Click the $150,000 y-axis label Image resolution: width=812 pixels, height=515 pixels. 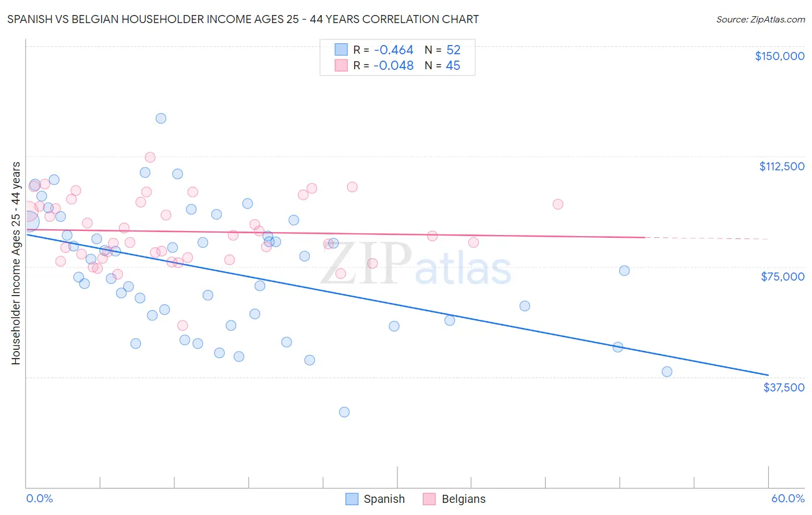coord(779,56)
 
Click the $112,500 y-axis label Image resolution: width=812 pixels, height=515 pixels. coord(781,166)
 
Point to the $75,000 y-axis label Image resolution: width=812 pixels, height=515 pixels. coord(783,277)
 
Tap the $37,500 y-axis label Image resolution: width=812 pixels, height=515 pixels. coord(784,387)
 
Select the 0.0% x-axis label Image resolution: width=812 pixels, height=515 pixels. coord(39,498)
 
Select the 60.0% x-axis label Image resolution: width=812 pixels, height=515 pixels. coord(788,498)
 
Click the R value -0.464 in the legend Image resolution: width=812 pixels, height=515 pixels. coord(393,50)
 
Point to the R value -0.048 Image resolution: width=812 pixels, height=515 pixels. coord(393,66)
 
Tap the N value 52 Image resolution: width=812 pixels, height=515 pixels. coord(453,50)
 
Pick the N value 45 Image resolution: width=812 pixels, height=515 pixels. coord(453,66)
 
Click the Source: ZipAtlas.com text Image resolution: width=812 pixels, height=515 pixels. coord(760,19)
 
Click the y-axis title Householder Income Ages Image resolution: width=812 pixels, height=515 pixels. coord(16,263)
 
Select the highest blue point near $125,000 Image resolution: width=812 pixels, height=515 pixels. coord(161,118)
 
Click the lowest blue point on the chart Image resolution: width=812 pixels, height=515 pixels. coord(344,412)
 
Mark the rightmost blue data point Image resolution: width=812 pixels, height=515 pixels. coord(667,372)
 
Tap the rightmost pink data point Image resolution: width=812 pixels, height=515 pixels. coord(558,204)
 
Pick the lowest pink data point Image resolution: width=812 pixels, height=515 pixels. coord(182,326)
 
